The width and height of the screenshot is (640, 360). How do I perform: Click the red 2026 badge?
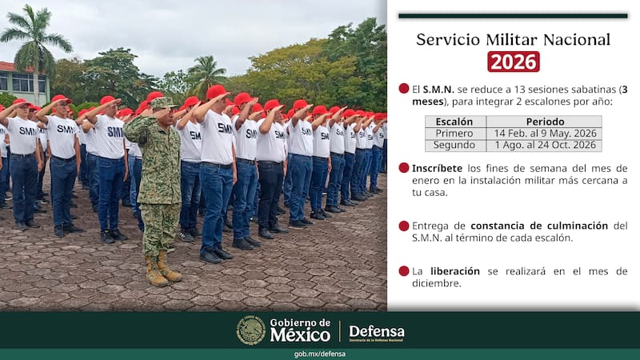click(514, 62)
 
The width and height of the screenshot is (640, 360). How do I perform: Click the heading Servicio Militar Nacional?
click(513, 39)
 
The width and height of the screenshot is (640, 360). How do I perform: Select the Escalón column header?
click(454, 122)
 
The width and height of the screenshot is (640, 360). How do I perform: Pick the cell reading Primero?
click(454, 134)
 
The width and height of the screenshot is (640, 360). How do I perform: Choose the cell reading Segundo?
click(454, 146)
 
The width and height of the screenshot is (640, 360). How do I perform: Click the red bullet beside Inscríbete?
click(404, 168)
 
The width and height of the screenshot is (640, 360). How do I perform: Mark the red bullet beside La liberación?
click(404, 271)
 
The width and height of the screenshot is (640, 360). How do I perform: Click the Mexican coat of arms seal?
click(251, 330)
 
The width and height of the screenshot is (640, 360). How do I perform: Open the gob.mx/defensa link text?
click(320, 354)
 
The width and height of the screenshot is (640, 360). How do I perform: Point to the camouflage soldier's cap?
click(162, 103)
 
